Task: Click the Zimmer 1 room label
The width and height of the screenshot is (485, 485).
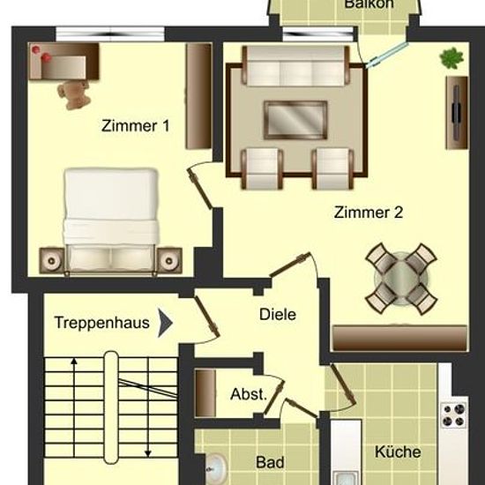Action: click(136, 126)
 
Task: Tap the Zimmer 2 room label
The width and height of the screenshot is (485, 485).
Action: click(369, 213)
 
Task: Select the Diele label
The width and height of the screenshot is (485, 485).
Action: click(278, 315)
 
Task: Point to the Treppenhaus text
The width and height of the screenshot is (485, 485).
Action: click(102, 323)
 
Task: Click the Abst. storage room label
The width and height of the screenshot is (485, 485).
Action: click(249, 394)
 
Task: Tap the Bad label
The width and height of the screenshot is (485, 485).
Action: click(270, 463)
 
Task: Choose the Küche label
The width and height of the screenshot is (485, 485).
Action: click(398, 451)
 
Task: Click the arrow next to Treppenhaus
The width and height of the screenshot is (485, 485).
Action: click(165, 323)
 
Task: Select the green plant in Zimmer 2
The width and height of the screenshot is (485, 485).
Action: click(451, 58)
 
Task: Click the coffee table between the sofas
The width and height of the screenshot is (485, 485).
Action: click(295, 120)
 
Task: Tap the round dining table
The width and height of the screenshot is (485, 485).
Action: click(401, 279)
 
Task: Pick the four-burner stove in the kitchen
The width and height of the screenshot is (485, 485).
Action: click(454, 415)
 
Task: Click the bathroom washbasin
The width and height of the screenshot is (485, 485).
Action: click(217, 469)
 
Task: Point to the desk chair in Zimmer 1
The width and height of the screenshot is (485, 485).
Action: click(74, 94)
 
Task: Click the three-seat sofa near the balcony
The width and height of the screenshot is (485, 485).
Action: click(295, 66)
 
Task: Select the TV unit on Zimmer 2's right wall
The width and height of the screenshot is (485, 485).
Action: click(457, 113)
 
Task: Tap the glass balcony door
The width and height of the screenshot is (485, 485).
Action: click(386, 55)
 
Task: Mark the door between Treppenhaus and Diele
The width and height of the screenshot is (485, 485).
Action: click(206, 317)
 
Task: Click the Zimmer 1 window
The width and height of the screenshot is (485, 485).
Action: click(110, 34)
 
